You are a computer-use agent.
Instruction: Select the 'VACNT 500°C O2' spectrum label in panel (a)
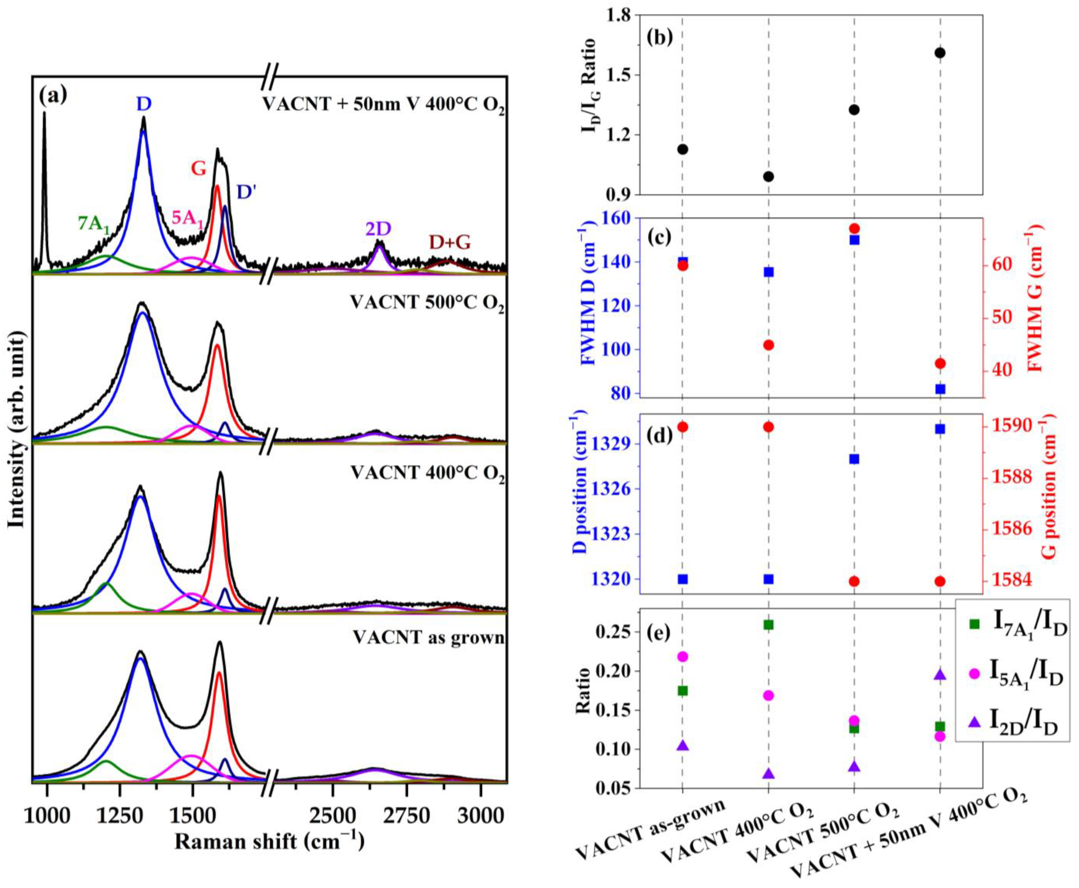[427, 303]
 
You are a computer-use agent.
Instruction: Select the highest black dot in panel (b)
[939, 53]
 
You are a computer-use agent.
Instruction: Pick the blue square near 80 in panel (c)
[939, 389]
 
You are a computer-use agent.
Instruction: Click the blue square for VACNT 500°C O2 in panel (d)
[854, 459]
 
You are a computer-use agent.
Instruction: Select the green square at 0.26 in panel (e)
[768, 625]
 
